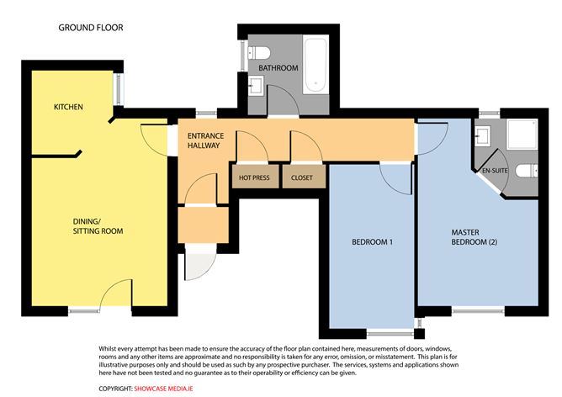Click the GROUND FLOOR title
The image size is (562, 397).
[x=90, y=28]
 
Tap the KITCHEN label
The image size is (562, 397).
[x=68, y=107]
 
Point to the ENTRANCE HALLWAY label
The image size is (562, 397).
[x=204, y=140]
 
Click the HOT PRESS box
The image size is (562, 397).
[x=254, y=178]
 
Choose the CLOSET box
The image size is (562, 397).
[x=302, y=178]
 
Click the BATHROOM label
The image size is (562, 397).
[x=278, y=67]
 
